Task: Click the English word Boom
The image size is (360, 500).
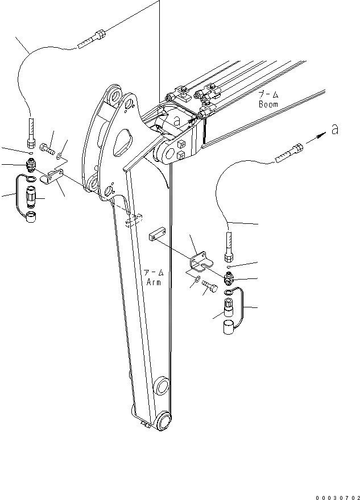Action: pyautogui.click(x=268, y=105)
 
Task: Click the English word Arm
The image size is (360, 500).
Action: pyautogui.click(x=154, y=281)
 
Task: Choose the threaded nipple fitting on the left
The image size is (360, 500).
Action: pyautogui.click(x=32, y=166)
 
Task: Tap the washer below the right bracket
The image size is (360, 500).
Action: pyautogui.click(x=196, y=280)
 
